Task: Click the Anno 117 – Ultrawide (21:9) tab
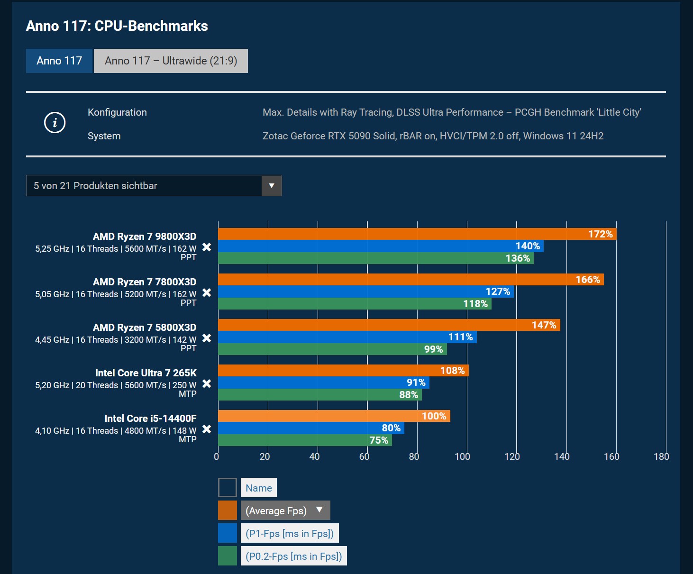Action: pos(171,61)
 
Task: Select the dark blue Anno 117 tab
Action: pos(59,61)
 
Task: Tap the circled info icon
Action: pos(55,123)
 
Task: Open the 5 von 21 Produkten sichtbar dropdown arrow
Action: pos(272,185)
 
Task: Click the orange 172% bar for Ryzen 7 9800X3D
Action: pos(417,234)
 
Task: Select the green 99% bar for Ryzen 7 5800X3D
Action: pos(332,349)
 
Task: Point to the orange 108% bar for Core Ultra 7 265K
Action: pos(343,371)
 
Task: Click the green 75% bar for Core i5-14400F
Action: pos(305,440)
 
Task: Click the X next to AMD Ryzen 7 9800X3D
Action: pos(207,247)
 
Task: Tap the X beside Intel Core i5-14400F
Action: pos(207,429)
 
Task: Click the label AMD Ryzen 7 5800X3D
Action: pos(145,328)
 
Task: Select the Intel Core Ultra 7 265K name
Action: pos(146,373)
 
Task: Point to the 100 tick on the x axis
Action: pos(462,456)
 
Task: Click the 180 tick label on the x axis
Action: pos(661,456)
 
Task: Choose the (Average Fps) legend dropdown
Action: pos(285,510)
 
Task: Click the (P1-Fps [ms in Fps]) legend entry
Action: pos(290,533)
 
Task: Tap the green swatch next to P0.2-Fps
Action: pos(228,556)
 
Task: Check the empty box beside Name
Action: pos(228,488)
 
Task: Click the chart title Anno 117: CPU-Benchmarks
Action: pos(117,26)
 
